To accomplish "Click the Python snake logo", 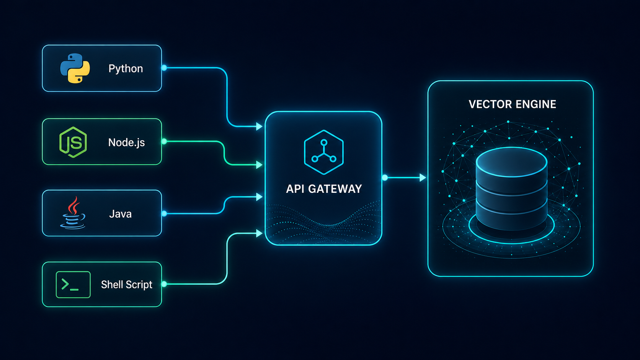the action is (75, 68).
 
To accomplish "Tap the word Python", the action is (126, 69).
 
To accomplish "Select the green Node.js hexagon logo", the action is (73, 142).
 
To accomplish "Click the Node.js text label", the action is (126, 142).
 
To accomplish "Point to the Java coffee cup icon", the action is (73, 213).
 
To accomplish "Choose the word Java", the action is (120, 214).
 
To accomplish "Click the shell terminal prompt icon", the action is (73, 285).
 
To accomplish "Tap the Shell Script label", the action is (127, 285).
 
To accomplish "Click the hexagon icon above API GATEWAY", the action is (324, 152).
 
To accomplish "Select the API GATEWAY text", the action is (324, 189).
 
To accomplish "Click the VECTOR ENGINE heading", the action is (512, 104).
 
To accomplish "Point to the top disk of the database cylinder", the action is (511, 161).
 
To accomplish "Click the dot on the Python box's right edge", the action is (164, 68).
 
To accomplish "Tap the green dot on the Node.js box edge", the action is (164, 141).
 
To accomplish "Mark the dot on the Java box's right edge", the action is (164, 213).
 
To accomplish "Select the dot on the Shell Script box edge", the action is (164, 284).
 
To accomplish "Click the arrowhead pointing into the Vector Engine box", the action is (423, 178).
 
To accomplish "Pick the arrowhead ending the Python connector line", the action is (260, 126).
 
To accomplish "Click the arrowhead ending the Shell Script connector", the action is (260, 233).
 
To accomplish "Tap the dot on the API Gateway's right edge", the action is (385, 178).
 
